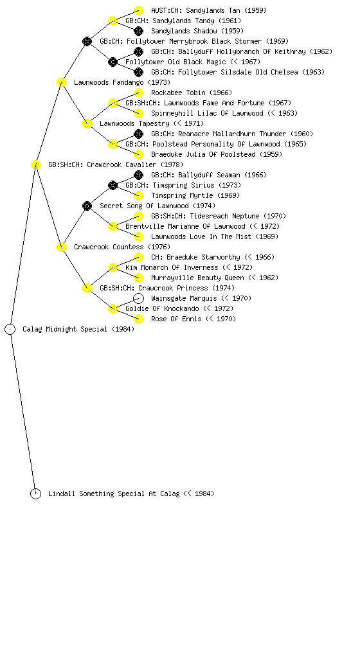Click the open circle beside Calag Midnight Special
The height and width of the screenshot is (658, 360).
coord(10,330)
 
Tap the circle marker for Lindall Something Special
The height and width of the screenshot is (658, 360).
coord(35,494)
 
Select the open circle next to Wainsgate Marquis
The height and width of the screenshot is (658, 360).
coord(138,298)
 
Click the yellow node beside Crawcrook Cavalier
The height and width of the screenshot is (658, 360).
coord(35,165)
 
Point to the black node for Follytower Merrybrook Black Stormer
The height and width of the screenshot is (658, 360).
coord(87,41)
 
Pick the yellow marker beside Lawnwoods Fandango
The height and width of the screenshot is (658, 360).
coord(61,82)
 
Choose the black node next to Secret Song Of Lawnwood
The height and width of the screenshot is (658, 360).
coord(87,206)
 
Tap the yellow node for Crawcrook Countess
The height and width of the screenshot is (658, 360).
coord(61,247)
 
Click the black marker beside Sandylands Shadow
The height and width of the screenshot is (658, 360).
coord(138,31)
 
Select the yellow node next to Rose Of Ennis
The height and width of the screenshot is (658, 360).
coord(138,319)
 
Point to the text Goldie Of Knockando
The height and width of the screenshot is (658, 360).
coord(163,308)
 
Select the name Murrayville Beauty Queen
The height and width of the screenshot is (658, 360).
coord(197,278)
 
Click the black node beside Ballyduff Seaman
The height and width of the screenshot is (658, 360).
coord(138,175)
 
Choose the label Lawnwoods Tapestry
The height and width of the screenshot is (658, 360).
coord(135,123)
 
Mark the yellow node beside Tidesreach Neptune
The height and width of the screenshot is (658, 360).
coord(138,216)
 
